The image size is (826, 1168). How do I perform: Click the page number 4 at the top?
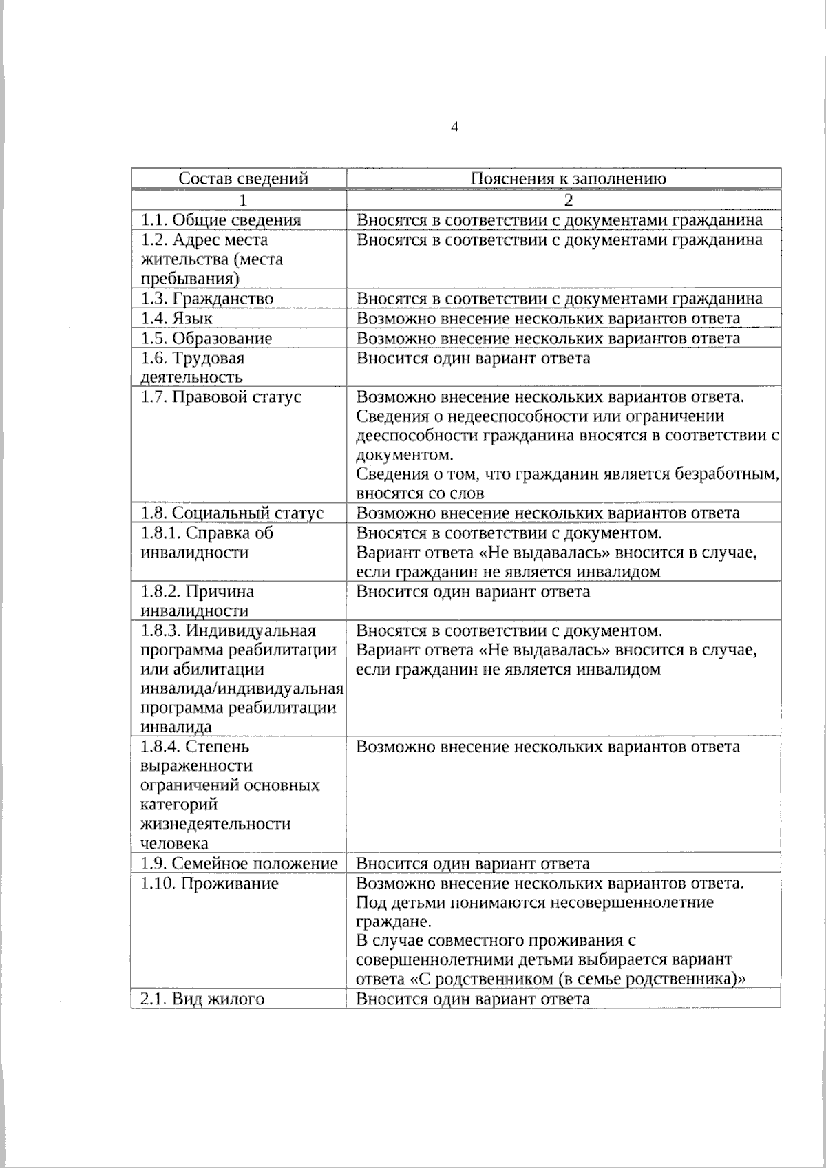454,127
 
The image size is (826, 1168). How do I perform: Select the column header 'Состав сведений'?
243,179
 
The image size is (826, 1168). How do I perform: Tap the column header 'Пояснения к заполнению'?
568,179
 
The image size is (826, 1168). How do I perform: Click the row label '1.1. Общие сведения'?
221,220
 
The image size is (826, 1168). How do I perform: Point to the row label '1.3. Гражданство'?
207,299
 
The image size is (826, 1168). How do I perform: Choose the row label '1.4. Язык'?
177,319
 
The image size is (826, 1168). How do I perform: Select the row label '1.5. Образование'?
206,339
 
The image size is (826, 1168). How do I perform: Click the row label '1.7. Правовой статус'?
221,397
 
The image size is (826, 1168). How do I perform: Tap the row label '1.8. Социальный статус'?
232,513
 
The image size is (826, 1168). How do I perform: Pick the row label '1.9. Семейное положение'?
239,864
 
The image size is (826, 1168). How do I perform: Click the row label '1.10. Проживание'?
209,884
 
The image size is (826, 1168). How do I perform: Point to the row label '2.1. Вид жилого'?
202,999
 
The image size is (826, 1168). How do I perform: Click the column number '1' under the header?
242,200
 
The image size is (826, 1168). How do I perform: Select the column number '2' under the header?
568,200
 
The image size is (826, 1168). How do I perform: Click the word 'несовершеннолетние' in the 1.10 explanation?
635,902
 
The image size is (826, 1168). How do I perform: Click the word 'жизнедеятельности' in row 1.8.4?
215,825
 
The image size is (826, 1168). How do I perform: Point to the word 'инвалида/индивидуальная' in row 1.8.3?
242,689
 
